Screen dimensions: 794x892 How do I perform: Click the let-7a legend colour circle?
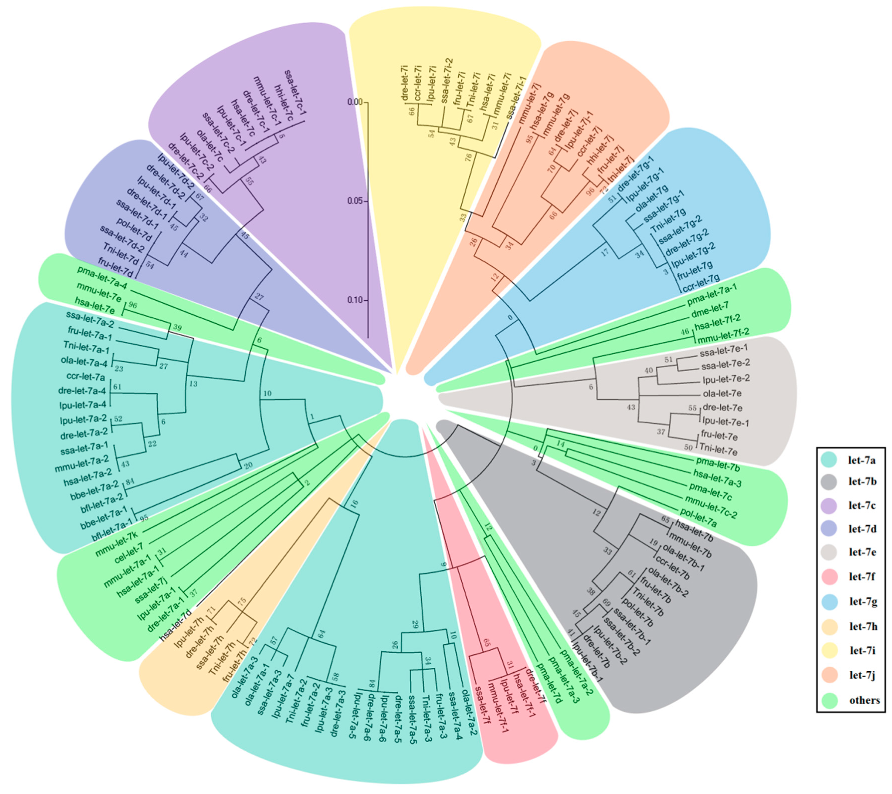tap(828, 459)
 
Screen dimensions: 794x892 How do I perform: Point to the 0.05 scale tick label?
tap(355, 201)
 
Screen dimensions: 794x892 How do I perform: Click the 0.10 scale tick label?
tap(355, 300)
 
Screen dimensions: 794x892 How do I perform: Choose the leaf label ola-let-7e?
tap(722, 394)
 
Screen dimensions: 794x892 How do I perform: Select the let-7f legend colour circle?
tap(828, 577)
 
